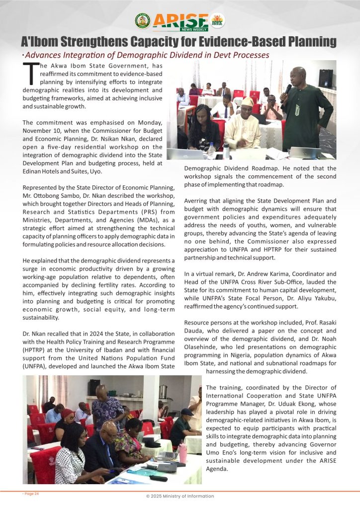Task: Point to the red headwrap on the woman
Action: coord(68,413)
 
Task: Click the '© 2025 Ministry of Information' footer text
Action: coord(180,496)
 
